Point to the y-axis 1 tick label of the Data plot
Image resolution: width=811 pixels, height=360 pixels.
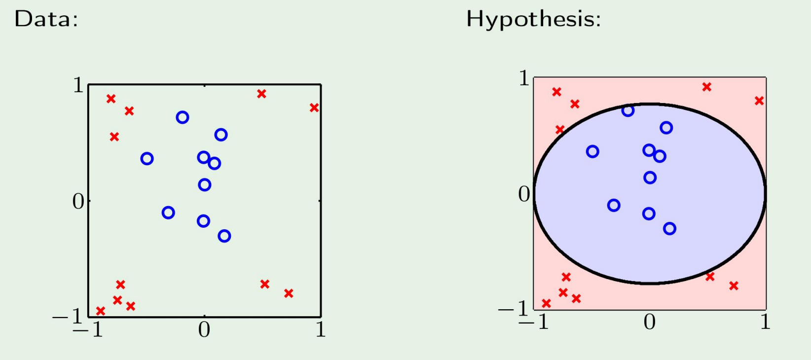click(x=78, y=85)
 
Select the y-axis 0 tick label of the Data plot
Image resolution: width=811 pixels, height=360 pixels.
click(x=78, y=201)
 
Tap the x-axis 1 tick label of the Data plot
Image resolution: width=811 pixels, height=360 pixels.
click(x=321, y=329)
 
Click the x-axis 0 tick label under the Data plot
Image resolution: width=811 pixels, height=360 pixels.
click(x=204, y=329)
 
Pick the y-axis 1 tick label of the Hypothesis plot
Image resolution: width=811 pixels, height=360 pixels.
click(x=524, y=78)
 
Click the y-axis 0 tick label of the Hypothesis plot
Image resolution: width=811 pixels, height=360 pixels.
click(x=524, y=194)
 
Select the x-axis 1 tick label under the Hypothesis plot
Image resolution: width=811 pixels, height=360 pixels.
click(x=765, y=322)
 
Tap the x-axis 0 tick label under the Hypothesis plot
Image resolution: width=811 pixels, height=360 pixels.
click(x=650, y=322)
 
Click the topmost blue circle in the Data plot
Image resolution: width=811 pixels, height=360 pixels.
click(x=183, y=117)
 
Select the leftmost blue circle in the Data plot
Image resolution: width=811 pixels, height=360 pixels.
click(x=147, y=159)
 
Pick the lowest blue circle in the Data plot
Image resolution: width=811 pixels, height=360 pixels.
click(x=224, y=236)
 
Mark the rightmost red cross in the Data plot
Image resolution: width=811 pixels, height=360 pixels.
click(x=314, y=108)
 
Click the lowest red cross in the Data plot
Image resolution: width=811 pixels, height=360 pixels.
click(x=101, y=311)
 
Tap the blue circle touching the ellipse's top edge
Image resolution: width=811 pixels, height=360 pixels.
click(x=628, y=110)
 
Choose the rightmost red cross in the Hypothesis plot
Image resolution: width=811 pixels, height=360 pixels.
click(x=759, y=101)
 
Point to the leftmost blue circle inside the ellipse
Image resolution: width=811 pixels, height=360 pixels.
click(x=593, y=151)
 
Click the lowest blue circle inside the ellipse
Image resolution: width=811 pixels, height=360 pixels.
click(x=669, y=228)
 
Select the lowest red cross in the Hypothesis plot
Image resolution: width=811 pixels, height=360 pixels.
click(x=546, y=303)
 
